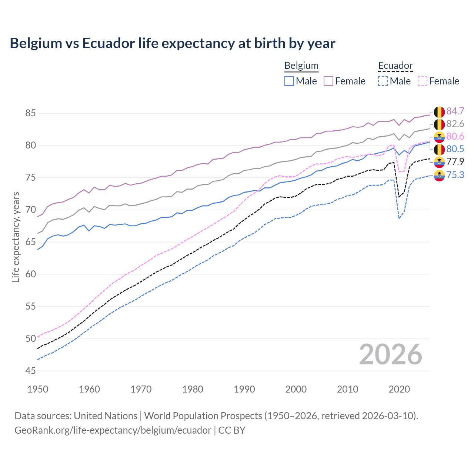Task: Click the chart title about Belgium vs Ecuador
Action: point(173,43)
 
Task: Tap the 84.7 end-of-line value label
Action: point(455,111)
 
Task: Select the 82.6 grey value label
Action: point(455,124)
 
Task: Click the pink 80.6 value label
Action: point(455,137)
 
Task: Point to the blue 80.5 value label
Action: point(455,149)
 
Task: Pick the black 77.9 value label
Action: point(455,162)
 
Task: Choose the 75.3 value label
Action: point(455,175)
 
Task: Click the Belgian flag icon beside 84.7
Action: point(439,112)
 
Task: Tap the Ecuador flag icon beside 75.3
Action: point(439,175)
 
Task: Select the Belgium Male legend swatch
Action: point(289,81)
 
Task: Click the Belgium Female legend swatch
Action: point(328,81)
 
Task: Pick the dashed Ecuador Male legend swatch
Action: point(383,81)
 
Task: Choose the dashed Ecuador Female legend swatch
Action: point(423,81)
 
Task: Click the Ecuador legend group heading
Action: point(395,66)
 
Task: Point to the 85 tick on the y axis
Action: point(31,113)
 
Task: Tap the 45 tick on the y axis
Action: point(31,371)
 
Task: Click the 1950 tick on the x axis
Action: point(38,389)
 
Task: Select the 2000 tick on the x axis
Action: point(296,389)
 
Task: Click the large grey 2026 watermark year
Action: point(391,355)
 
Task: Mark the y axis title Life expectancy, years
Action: point(16,237)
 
